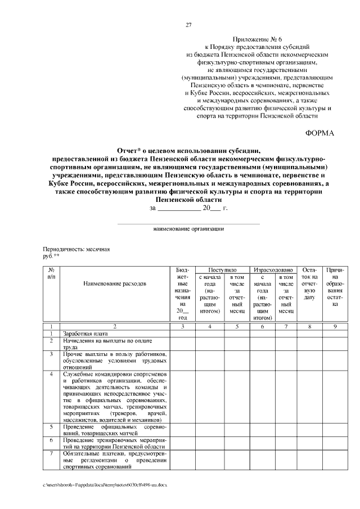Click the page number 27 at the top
(189, 25)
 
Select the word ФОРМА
(319, 133)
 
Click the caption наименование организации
(189, 229)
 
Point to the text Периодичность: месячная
(76, 249)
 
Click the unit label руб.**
(51, 255)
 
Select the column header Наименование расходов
(115, 283)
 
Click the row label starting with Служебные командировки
(115, 397)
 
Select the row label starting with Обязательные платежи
(115, 459)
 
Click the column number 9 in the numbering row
(335, 326)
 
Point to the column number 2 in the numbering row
(115, 326)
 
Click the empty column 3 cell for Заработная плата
(182, 334)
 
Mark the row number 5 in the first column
(51, 427)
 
